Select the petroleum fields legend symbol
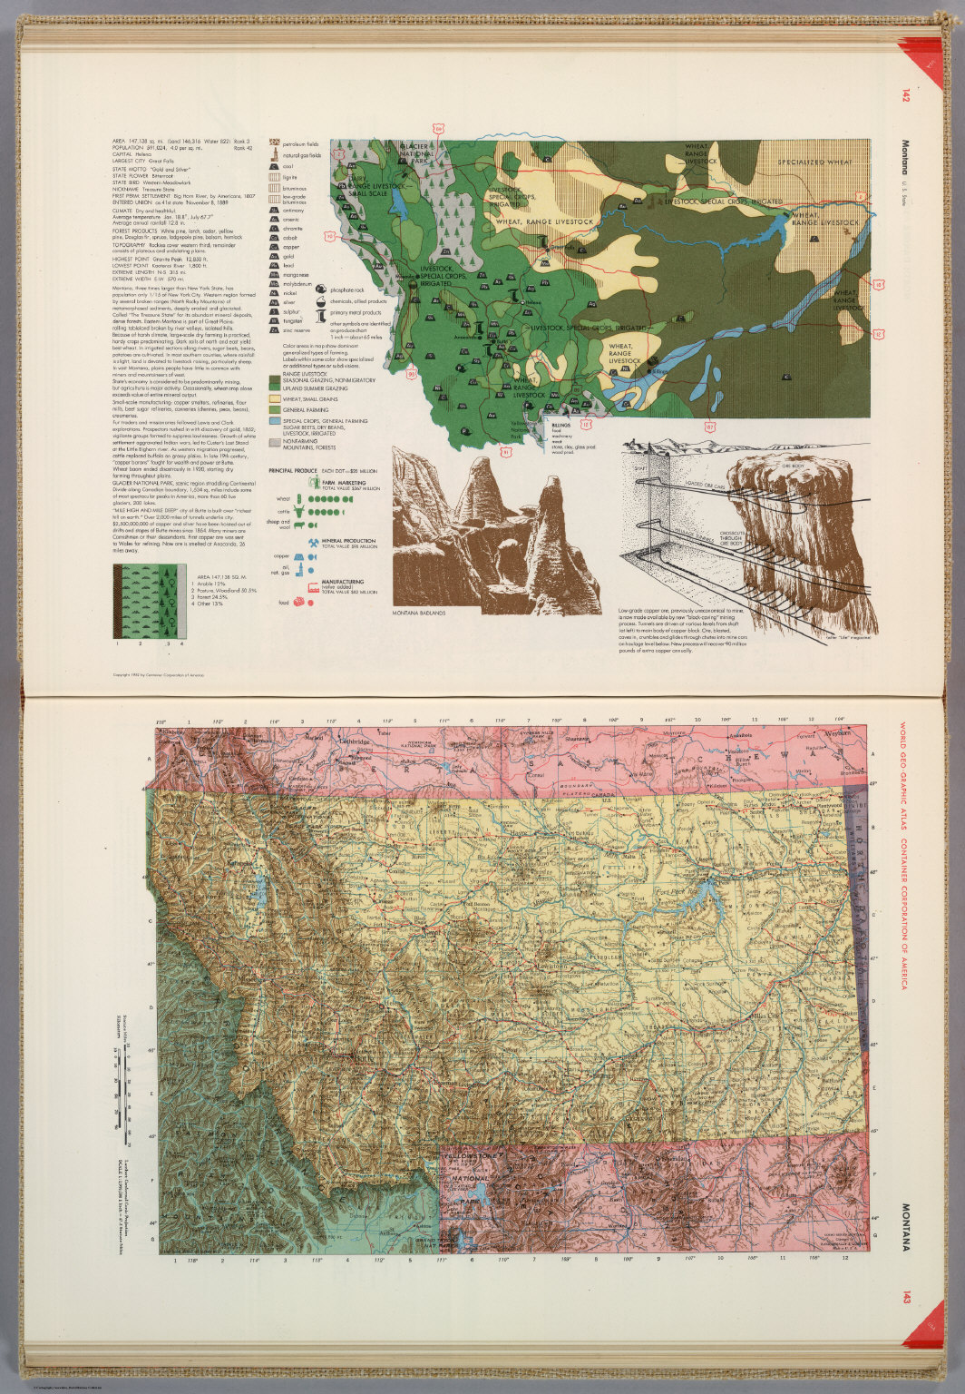click(x=273, y=143)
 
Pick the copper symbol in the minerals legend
click(x=273, y=247)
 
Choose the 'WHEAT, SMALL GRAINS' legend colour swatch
click(x=274, y=398)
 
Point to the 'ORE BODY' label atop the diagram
click(x=781, y=456)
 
